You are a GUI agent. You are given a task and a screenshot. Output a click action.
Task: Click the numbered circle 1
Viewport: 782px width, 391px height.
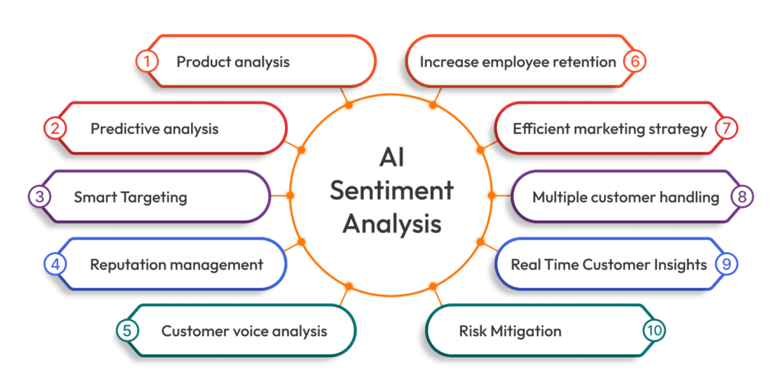tap(147, 62)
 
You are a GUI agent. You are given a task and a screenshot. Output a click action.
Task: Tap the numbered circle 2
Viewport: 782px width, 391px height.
tap(55, 128)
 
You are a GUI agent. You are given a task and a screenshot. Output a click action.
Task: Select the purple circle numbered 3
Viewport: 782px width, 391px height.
tap(40, 197)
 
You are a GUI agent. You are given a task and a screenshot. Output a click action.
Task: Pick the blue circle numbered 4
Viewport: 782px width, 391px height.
tap(55, 264)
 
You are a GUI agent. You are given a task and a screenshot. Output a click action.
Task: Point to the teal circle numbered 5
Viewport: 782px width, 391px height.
tap(127, 331)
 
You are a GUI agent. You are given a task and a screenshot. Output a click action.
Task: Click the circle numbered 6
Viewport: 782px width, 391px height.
tap(633, 62)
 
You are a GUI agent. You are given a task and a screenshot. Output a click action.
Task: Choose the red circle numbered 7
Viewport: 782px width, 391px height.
tap(726, 128)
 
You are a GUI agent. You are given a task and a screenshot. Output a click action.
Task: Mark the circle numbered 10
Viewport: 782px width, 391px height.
tap(654, 331)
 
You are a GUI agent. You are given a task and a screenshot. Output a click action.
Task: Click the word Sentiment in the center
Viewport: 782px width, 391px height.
tap(391, 190)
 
